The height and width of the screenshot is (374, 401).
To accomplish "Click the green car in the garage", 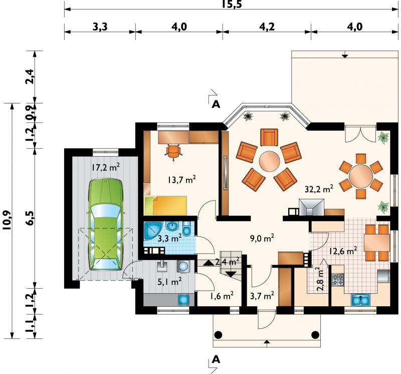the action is coord(105,225).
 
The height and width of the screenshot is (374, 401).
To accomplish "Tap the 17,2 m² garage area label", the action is coord(106,167).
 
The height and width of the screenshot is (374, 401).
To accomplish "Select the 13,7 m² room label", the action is coord(182,180).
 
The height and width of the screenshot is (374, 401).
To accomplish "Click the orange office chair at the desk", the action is coord(173,152).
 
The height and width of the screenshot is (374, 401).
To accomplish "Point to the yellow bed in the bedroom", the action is coord(165,205).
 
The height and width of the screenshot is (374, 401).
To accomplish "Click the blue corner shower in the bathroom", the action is coord(152,231).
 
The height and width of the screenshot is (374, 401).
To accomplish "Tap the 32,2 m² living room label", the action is coord(319,189).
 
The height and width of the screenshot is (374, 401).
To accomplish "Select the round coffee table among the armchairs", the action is coord(270,161).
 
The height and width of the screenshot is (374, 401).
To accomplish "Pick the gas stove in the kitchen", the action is coord(338,280).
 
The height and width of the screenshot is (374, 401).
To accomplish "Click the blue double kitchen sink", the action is coord(360,300).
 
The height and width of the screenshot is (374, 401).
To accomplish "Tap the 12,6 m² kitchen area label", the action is coord(343,251).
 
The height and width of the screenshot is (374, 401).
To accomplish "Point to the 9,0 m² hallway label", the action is coord(262,238).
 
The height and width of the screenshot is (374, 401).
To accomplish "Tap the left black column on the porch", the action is coord(218,334).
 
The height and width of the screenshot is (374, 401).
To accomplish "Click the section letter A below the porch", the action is coord(216,359).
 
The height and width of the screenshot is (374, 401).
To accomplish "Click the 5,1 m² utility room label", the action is coord(169,282).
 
